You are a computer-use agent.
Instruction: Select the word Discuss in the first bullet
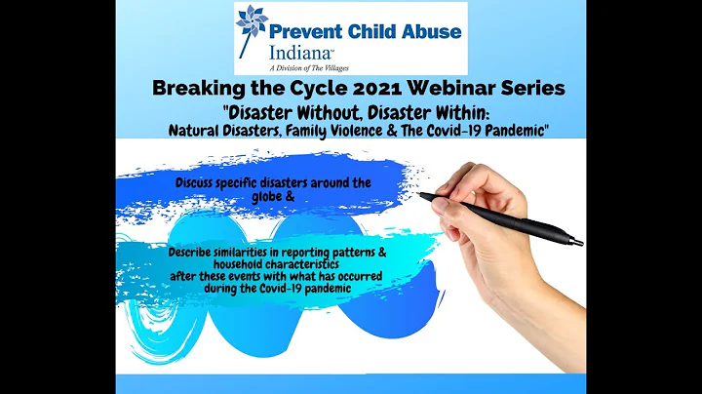199,181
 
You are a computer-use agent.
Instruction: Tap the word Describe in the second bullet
192,251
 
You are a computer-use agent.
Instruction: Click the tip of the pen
421,196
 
